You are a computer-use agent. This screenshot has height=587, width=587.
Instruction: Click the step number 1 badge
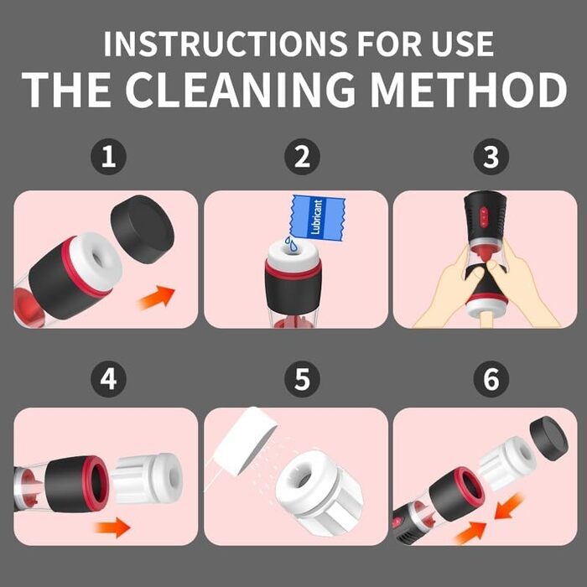click(x=108, y=157)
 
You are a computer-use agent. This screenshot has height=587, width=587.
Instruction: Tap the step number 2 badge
click(x=302, y=157)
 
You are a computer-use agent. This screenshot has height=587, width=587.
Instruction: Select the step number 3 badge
click(x=491, y=157)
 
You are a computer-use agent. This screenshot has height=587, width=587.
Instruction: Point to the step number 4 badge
click(x=108, y=379)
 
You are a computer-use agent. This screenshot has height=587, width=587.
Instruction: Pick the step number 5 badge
click(x=302, y=379)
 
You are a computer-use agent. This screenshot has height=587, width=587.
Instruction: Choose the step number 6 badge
click(x=491, y=379)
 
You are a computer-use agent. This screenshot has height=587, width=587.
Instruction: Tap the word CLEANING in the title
click(x=240, y=90)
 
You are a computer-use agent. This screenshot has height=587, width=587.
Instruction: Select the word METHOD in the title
click(x=469, y=90)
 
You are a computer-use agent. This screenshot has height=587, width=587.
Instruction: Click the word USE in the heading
click(x=462, y=44)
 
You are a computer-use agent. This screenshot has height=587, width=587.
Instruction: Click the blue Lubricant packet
click(x=317, y=217)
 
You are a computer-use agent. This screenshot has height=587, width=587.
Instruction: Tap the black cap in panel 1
click(x=143, y=229)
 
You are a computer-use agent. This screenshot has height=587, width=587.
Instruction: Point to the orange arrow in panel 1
click(x=156, y=298)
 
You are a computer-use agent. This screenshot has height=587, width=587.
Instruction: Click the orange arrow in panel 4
click(x=112, y=527)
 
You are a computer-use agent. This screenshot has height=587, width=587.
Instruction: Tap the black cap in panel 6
click(x=548, y=439)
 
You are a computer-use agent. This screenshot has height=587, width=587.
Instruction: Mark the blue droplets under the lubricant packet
click(x=291, y=244)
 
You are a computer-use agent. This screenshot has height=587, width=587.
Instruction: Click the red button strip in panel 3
click(x=483, y=216)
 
